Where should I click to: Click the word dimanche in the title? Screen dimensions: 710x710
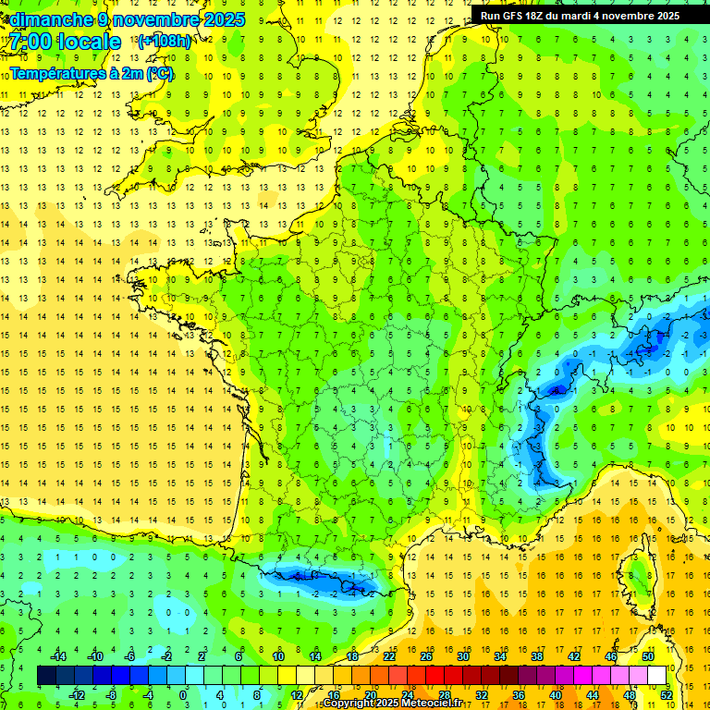pyautogui.click(x=51, y=19)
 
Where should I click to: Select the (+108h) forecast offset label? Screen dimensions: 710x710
pyautogui.click(x=165, y=42)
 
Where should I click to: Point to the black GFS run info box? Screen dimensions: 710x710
pyautogui.click(x=581, y=15)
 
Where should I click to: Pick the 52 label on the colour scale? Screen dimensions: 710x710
pyautogui.click(x=666, y=694)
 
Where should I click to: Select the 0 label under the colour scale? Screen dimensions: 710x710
pyautogui.click(x=183, y=694)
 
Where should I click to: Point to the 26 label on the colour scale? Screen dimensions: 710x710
pyautogui.click(x=426, y=656)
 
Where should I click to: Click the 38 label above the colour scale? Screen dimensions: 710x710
pyautogui.click(x=536, y=656)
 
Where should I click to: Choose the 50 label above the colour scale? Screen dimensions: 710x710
pyautogui.click(x=647, y=656)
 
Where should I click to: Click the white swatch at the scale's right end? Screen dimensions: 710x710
pyautogui.click(x=657, y=675)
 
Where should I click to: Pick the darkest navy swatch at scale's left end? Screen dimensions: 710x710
pyautogui.click(x=46, y=675)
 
